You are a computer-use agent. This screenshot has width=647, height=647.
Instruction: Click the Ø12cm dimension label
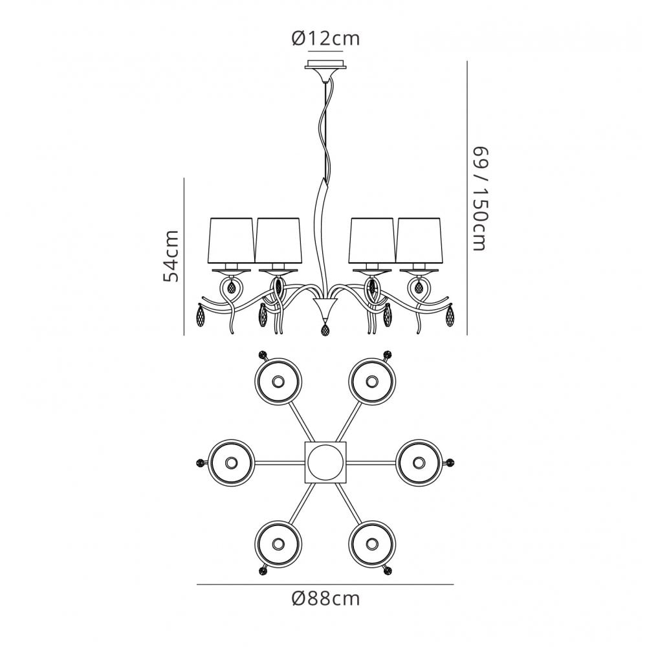pos(325,38)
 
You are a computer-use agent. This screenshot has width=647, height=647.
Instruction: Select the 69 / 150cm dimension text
pos(479,199)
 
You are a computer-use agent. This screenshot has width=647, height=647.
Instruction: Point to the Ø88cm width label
pos(325,598)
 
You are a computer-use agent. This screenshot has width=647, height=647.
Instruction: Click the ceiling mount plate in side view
pos(325,65)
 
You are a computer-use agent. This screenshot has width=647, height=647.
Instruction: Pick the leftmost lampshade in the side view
pos(231,240)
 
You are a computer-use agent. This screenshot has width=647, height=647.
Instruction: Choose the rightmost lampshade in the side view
pos(419,240)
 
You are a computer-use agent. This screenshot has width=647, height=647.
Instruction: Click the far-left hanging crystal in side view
pos(202,315)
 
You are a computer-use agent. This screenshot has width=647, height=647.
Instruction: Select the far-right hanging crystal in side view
pos(450,315)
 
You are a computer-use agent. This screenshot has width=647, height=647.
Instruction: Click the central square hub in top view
pos(325,463)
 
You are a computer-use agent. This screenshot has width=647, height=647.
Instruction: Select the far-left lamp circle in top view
pos(231,463)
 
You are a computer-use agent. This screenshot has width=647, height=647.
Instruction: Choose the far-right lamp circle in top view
pos(419,463)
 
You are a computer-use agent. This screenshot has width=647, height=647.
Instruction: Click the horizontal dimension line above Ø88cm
pos(325,584)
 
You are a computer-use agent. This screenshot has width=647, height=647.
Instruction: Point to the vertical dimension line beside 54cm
pos(184,256)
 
